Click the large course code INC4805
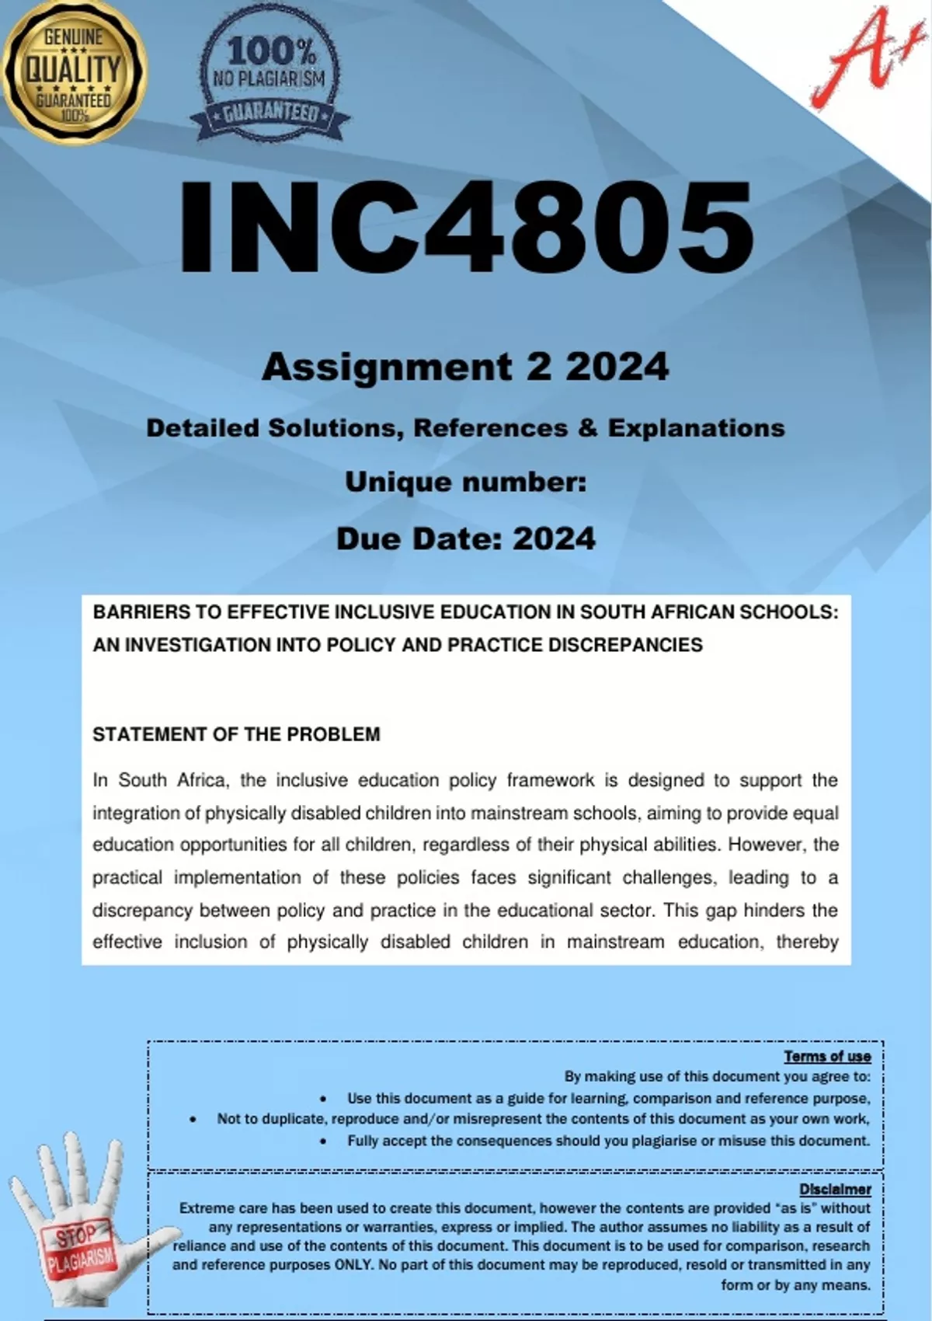point(466,225)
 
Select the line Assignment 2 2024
point(464,367)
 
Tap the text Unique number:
point(465,483)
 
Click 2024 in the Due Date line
point(555,539)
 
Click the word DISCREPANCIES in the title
point(625,645)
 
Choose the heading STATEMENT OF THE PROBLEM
point(236,734)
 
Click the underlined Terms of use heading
point(827,1057)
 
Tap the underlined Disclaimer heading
point(835,1190)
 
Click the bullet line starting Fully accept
point(608,1141)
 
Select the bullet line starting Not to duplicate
point(543,1119)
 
